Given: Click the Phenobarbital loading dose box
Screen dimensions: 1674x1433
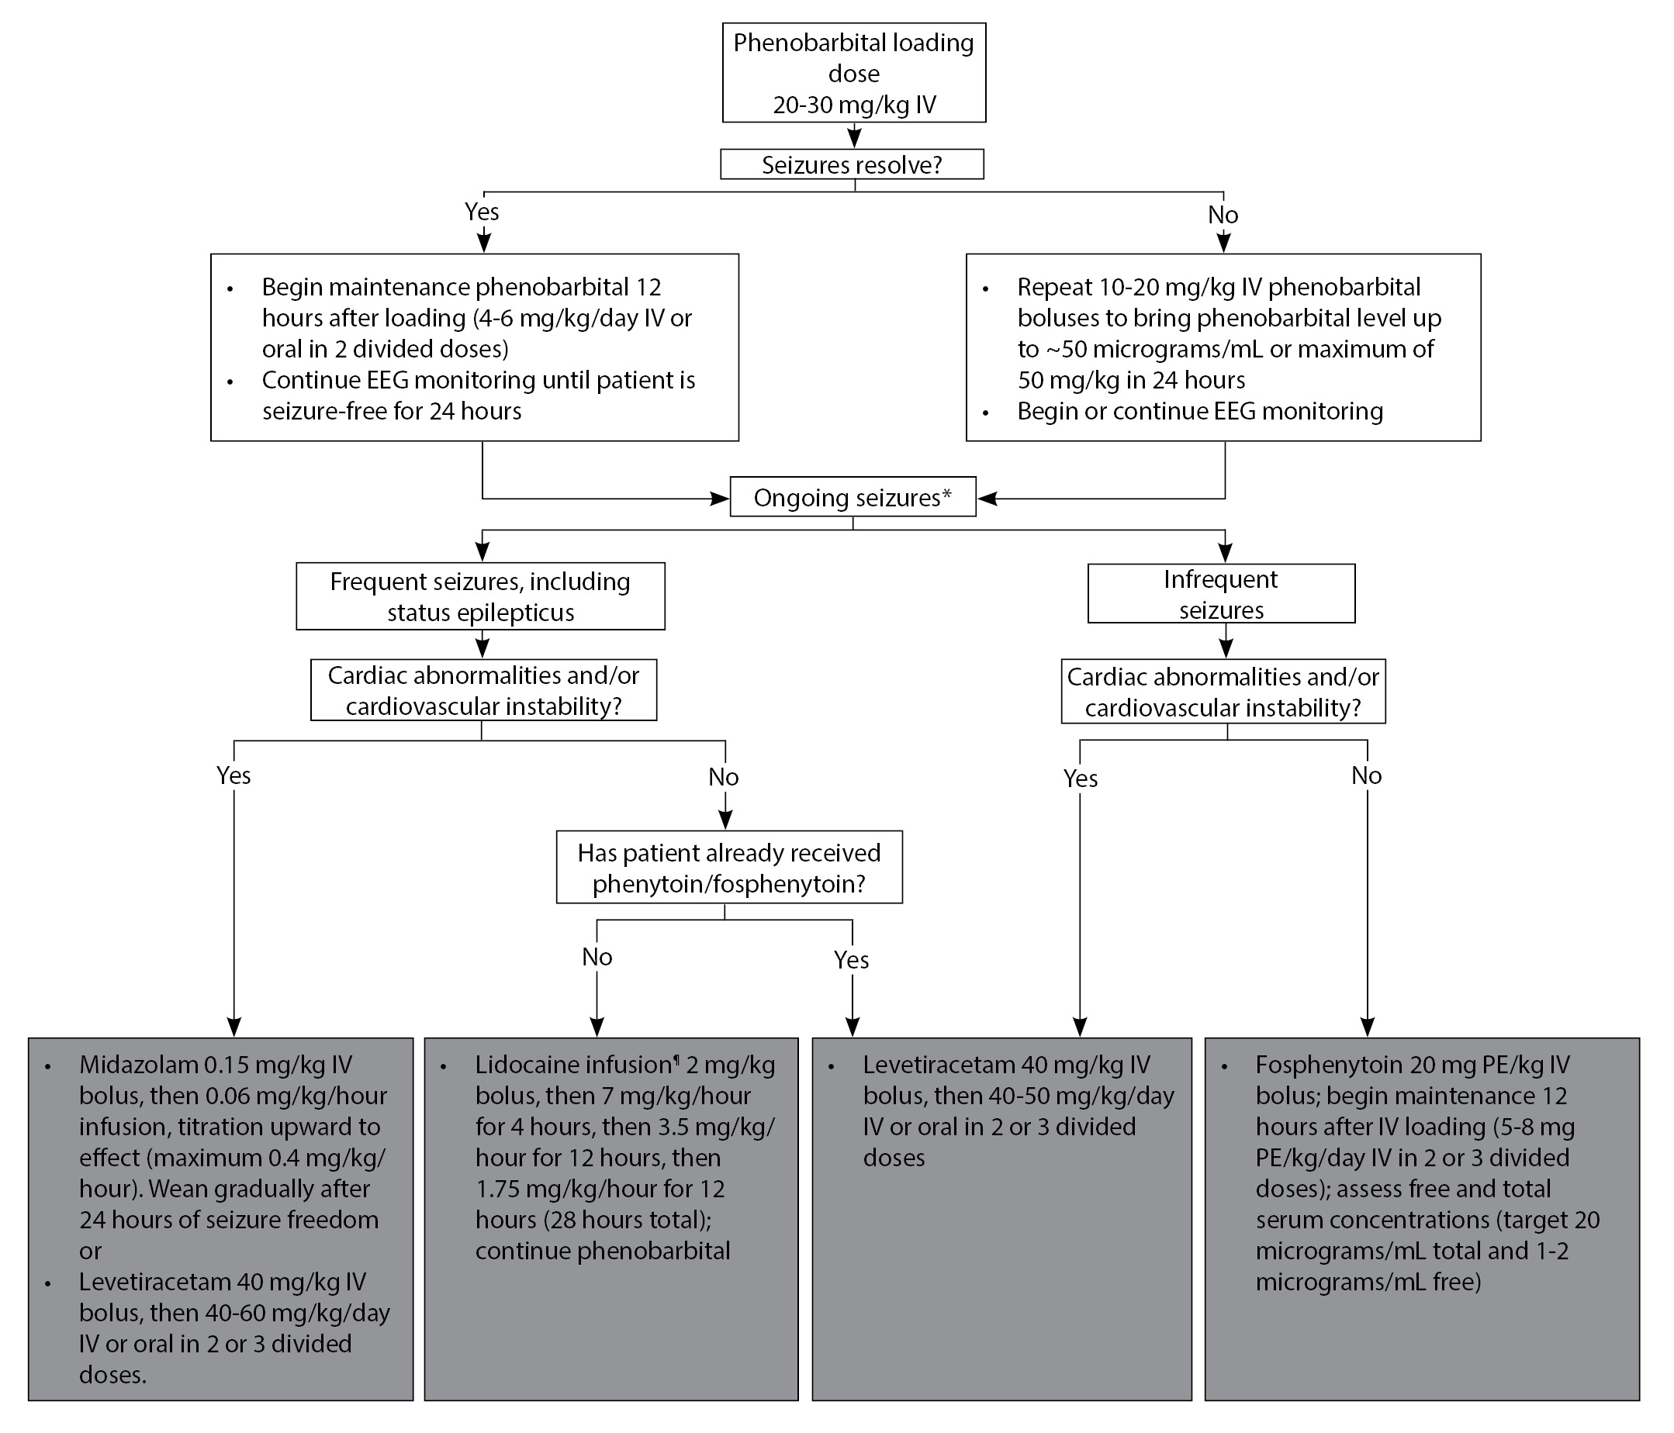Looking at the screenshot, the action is [854, 73].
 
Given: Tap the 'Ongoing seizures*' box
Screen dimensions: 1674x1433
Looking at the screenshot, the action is [853, 497].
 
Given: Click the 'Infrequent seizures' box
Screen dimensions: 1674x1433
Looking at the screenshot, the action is [1221, 594].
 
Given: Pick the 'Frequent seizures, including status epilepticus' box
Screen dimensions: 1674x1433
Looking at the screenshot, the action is [481, 596].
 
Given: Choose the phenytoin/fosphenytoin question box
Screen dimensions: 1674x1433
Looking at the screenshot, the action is [729, 867].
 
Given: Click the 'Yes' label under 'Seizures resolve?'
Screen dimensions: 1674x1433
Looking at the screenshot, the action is [482, 212].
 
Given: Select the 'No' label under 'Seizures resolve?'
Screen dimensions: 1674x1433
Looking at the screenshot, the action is [1223, 215].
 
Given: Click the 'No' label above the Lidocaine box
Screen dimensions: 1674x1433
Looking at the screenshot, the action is [597, 957].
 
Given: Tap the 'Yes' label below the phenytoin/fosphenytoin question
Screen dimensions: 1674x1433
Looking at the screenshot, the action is [852, 960].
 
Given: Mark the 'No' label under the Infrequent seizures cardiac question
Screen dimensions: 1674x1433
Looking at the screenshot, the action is [1366, 775].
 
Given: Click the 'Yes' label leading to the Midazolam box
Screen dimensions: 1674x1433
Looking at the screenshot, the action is [233, 775].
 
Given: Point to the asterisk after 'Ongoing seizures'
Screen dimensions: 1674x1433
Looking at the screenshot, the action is [947, 492].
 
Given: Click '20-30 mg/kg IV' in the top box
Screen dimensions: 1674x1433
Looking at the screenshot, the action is [854, 105].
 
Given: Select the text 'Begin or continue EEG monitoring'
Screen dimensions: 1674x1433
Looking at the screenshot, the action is [1200, 411].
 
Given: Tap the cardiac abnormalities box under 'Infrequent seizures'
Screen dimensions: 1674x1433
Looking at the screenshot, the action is [1223, 692].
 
